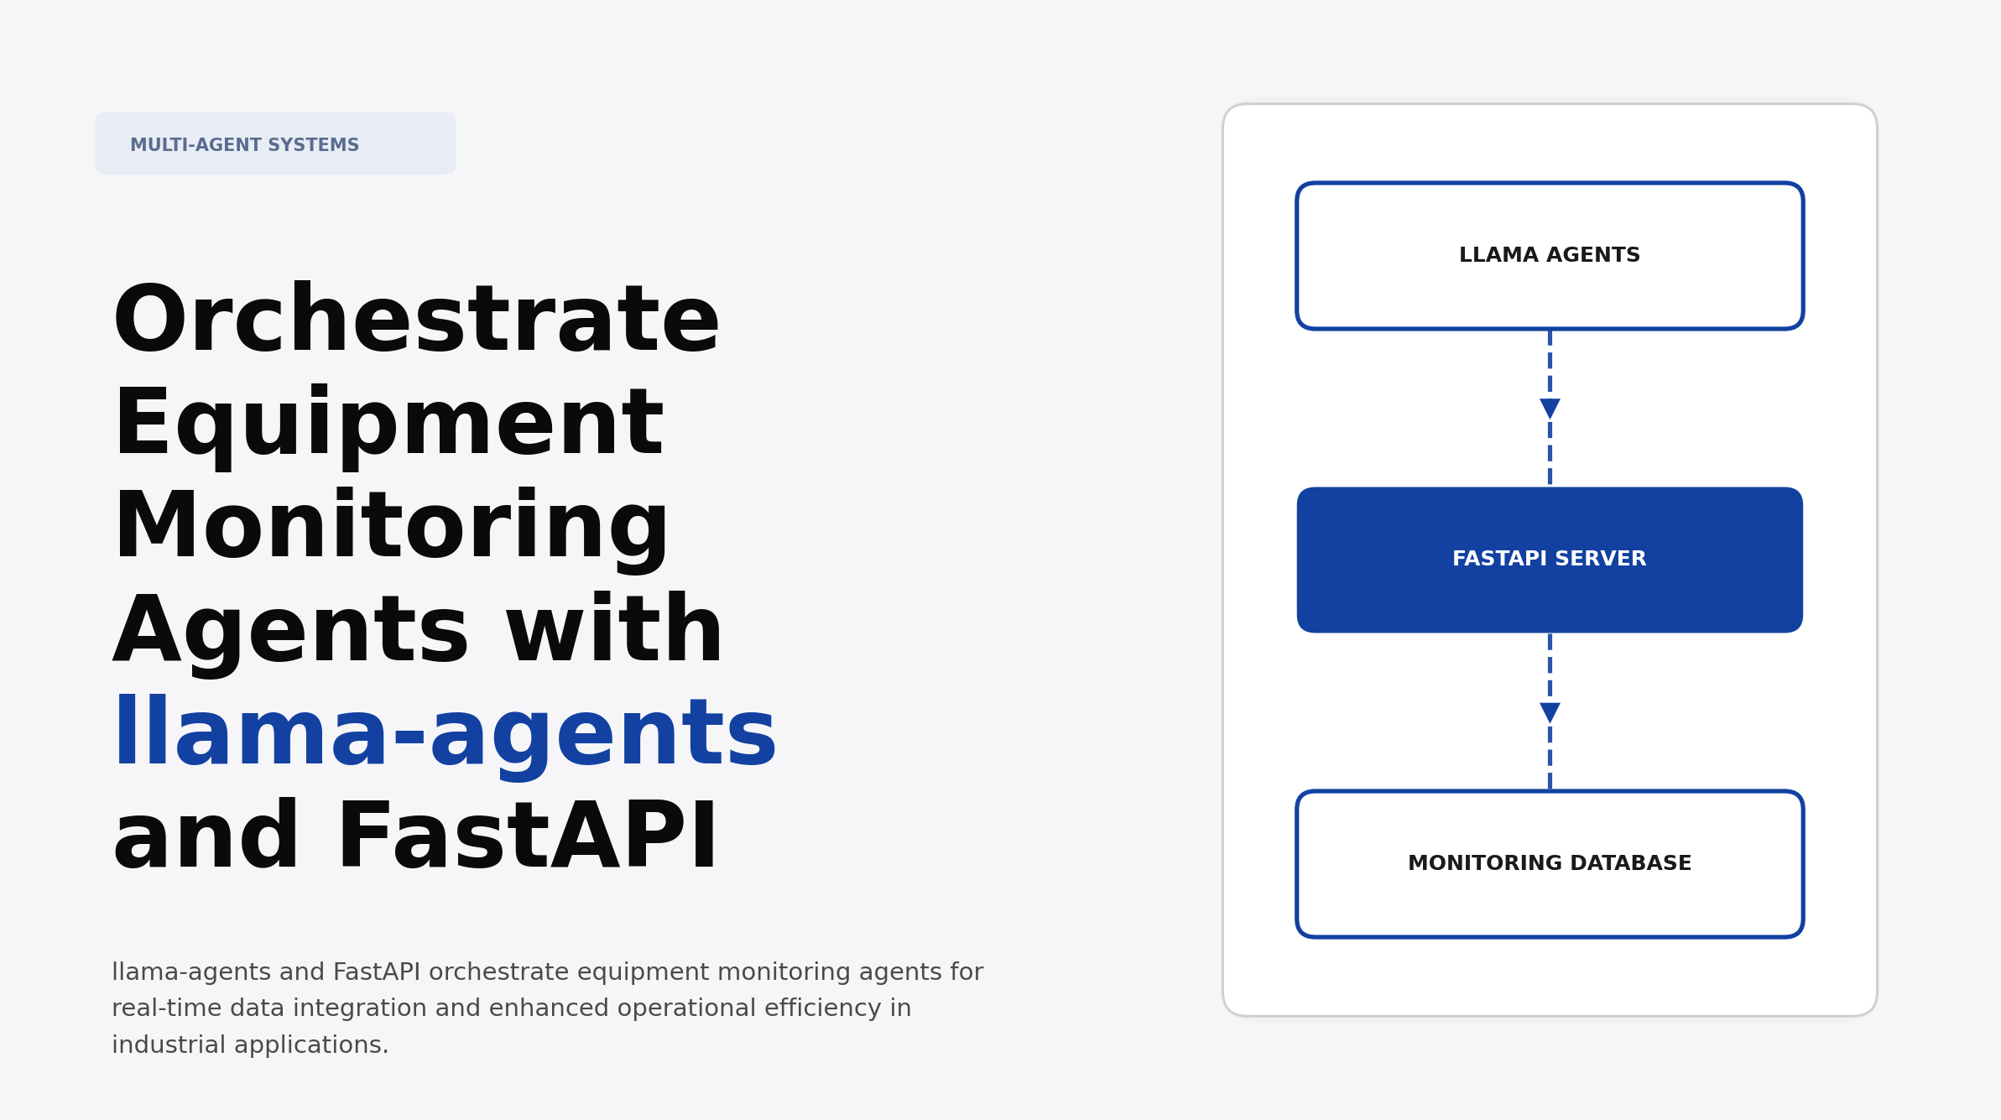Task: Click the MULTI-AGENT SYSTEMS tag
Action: coord(274,144)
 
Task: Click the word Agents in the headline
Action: coord(291,632)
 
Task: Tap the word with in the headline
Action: coord(614,632)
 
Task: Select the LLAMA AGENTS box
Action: coord(1549,256)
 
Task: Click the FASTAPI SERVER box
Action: coord(1549,560)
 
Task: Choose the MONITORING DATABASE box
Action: coord(1549,863)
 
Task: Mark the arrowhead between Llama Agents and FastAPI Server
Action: coord(1550,409)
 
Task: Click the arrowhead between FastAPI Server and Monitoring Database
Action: coord(1550,712)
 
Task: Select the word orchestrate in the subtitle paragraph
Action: coord(498,972)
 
